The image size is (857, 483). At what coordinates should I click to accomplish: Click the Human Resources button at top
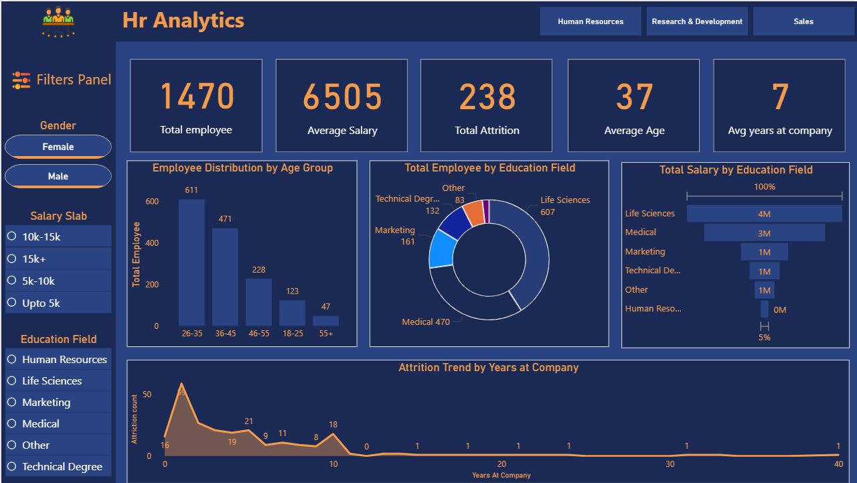pos(591,21)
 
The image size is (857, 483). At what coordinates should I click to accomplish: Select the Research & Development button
pos(697,21)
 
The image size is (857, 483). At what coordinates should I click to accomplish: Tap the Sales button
pos(803,21)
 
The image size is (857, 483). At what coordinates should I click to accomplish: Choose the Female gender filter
pos(58,147)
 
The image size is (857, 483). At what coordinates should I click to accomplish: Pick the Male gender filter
pos(58,176)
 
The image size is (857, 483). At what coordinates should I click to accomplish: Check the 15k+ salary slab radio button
pos(11,259)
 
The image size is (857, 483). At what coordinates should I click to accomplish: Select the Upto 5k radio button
pos(11,303)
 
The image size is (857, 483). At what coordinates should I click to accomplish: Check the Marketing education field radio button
pos(11,402)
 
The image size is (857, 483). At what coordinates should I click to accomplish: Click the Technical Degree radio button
pos(11,466)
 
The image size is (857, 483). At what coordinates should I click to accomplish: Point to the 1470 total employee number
pos(196,96)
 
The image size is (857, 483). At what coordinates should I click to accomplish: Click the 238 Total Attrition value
pos(487,96)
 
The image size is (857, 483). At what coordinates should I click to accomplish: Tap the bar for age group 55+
pos(326,321)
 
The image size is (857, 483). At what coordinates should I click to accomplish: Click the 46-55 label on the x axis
pos(258,334)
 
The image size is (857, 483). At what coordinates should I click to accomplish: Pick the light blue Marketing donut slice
pos(441,248)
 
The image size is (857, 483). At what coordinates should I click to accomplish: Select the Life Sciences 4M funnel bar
pos(764,214)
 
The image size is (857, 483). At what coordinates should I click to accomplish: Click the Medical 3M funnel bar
pos(764,233)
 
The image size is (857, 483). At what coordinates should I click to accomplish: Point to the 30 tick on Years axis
pos(670,465)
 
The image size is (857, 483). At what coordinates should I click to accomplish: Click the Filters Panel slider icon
pos(21,80)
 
